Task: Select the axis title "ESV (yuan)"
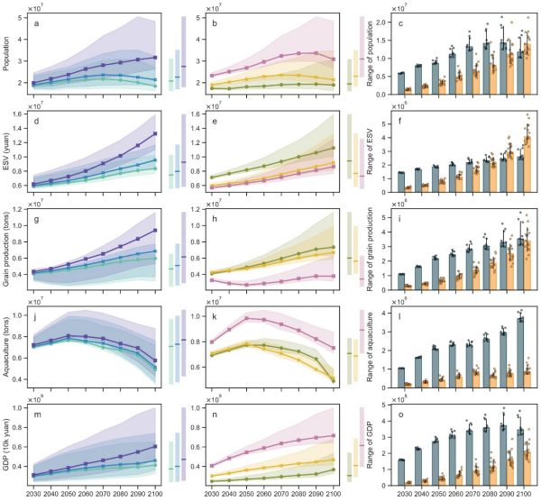click(7, 152)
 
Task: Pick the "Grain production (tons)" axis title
click(7, 251)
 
